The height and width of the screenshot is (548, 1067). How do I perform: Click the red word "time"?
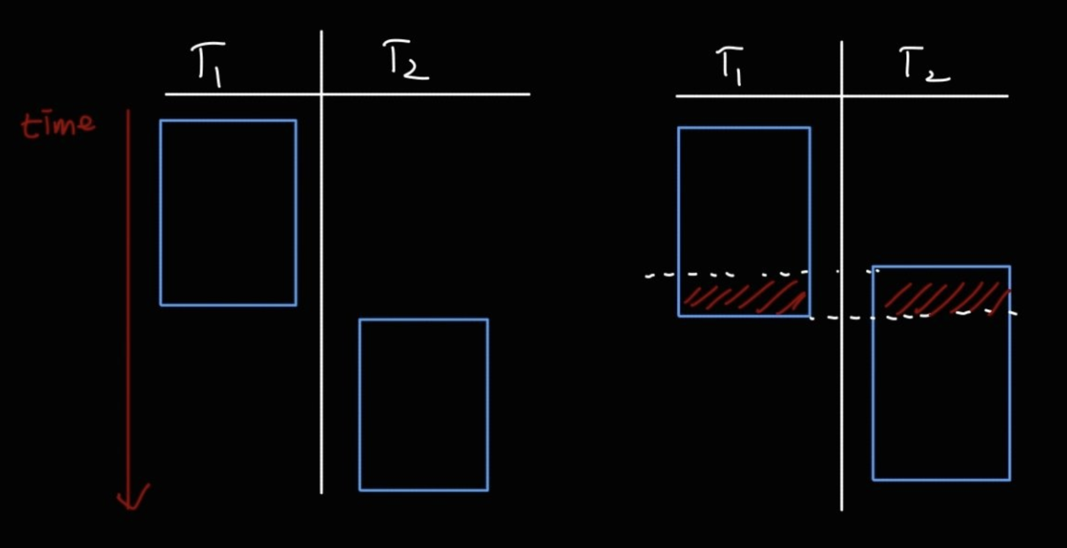58,125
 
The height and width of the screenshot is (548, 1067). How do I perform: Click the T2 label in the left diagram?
405,60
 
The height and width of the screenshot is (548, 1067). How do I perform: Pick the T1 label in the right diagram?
730,65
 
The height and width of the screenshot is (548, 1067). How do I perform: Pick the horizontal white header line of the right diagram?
758,96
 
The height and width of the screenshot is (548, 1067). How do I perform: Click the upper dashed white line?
725,274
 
